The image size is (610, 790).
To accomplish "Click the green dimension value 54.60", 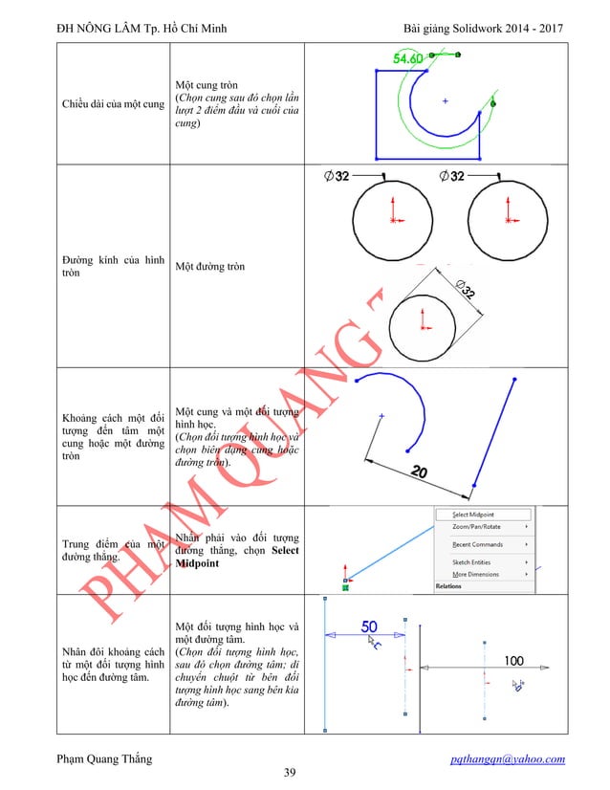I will coord(408,58).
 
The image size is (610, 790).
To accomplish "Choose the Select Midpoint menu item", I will coord(473,515).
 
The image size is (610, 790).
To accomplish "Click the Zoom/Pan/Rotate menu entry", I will coord(476,527).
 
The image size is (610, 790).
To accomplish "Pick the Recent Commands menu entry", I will coord(478,544).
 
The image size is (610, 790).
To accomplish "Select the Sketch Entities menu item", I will coord(472,562).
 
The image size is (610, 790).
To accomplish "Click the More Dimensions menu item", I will coord(475,575).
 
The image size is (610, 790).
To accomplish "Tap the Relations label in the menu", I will coord(448,586).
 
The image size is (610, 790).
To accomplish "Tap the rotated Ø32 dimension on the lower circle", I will coord(469,291).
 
